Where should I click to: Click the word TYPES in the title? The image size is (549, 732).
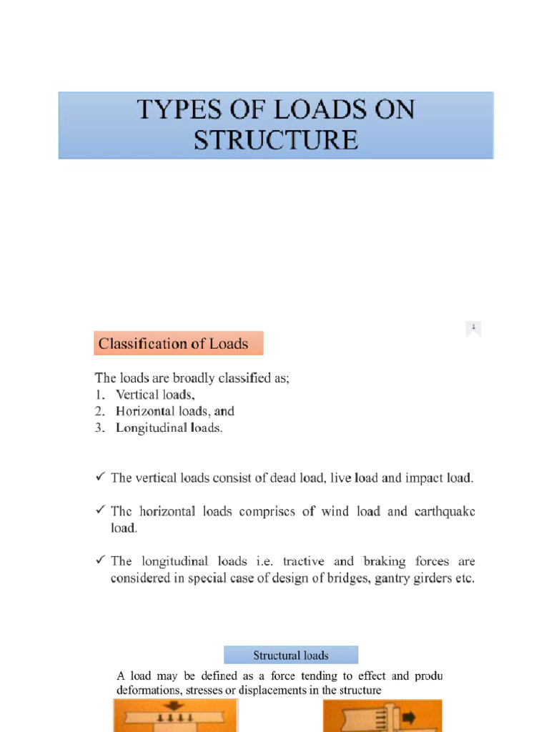171,112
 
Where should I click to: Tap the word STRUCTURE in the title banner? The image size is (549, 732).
276,139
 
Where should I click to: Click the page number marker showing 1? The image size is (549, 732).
473,328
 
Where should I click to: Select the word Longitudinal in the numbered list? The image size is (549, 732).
147,428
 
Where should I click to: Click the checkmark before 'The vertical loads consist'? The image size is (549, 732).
100,478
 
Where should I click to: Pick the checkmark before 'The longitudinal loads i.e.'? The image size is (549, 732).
100,562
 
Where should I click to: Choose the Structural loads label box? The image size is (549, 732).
291,656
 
